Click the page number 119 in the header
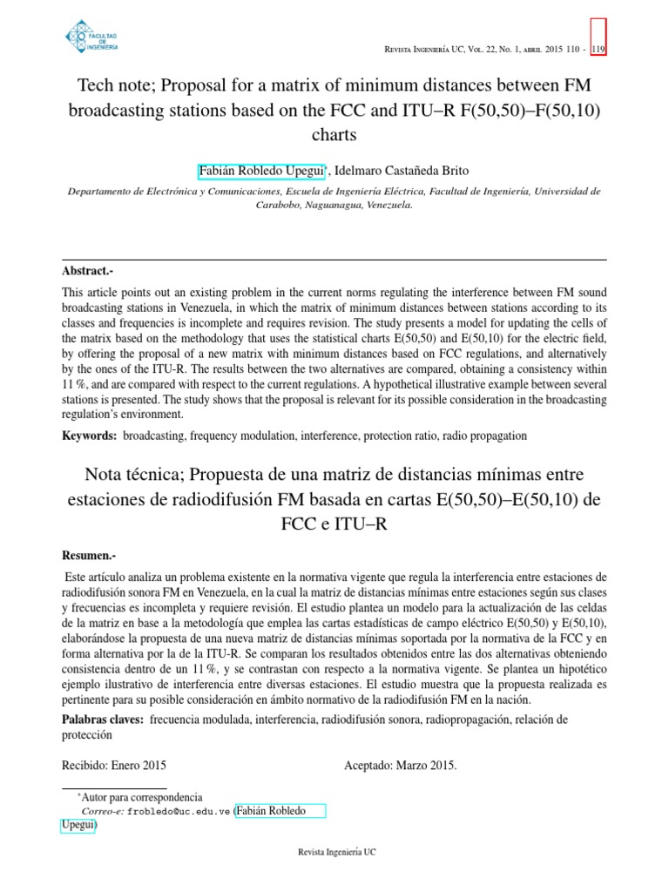click(x=598, y=50)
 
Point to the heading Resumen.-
click(x=90, y=555)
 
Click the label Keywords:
click(x=89, y=434)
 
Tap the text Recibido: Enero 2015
click(x=113, y=766)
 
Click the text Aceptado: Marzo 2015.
click(x=401, y=766)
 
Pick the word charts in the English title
click(x=334, y=136)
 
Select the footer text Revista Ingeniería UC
click(x=334, y=851)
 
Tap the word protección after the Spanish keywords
click(x=87, y=734)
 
